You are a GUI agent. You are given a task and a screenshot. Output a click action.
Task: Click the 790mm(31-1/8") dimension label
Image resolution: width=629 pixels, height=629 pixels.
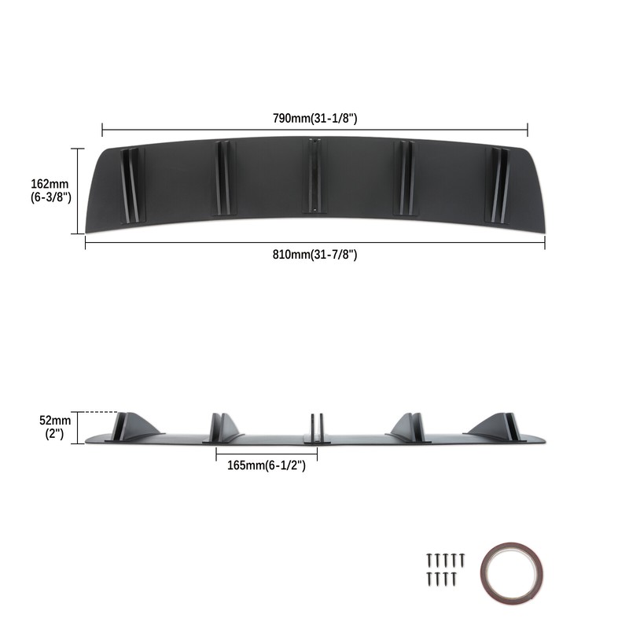pyautogui.click(x=314, y=118)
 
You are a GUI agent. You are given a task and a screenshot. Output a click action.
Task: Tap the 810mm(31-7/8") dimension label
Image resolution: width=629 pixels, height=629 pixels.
pyautogui.click(x=314, y=254)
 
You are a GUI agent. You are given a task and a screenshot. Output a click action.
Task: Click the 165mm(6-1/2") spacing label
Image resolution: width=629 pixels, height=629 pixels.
pyautogui.click(x=266, y=465)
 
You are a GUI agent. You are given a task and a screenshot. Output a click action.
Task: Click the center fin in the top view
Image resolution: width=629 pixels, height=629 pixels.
pyautogui.click(x=314, y=176)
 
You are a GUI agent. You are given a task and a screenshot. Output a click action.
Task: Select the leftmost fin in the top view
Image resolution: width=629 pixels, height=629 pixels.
pyautogui.click(x=131, y=183)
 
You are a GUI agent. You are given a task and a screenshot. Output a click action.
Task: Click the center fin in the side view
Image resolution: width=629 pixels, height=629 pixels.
pyautogui.click(x=314, y=427)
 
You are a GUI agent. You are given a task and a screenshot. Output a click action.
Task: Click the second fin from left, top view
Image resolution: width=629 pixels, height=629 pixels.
pyautogui.click(x=222, y=178)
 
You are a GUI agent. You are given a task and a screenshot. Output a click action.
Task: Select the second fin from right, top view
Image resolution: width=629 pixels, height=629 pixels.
pyautogui.click(x=406, y=178)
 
